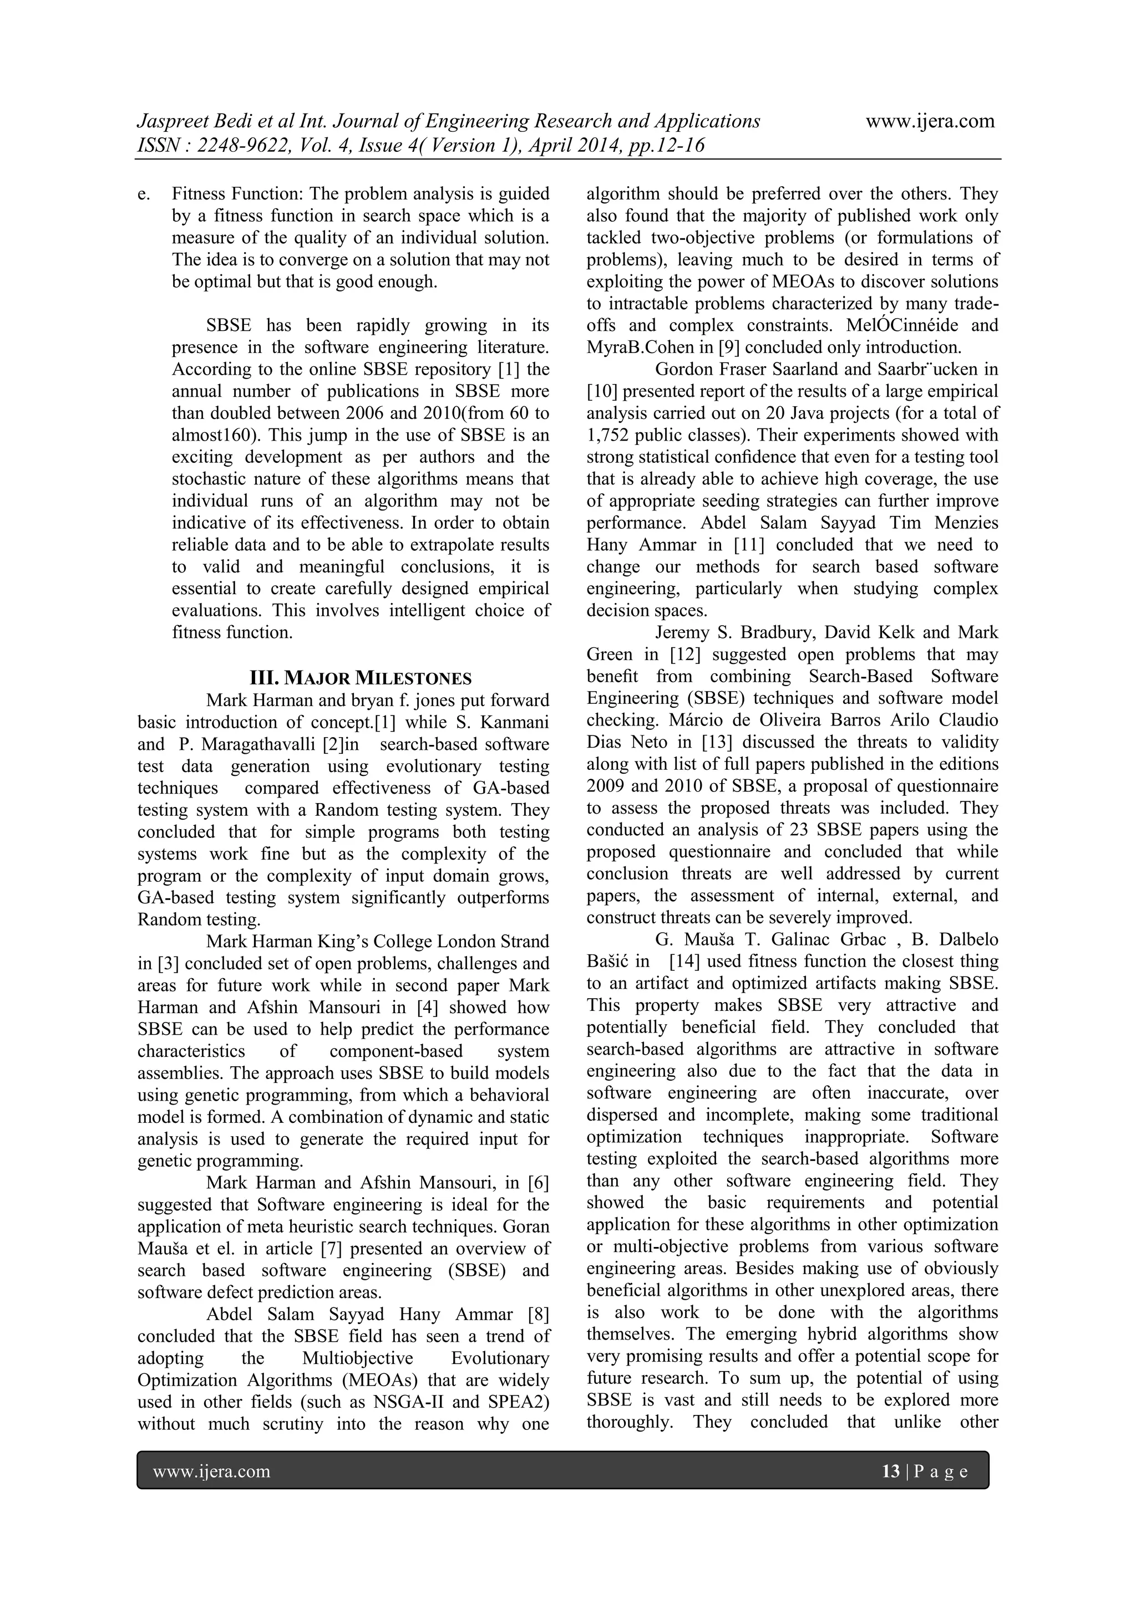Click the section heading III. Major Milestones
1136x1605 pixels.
[x=361, y=678]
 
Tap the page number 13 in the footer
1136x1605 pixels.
[x=890, y=1471]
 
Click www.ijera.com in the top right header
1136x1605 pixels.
[x=930, y=121]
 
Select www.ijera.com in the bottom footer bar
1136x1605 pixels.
[x=211, y=1471]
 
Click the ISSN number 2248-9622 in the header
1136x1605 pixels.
[x=244, y=145]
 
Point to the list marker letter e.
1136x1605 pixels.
[x=143, y=193]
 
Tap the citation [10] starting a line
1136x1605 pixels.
[x=601, y=391]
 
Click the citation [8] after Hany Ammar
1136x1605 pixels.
[x=539, y=1314]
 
